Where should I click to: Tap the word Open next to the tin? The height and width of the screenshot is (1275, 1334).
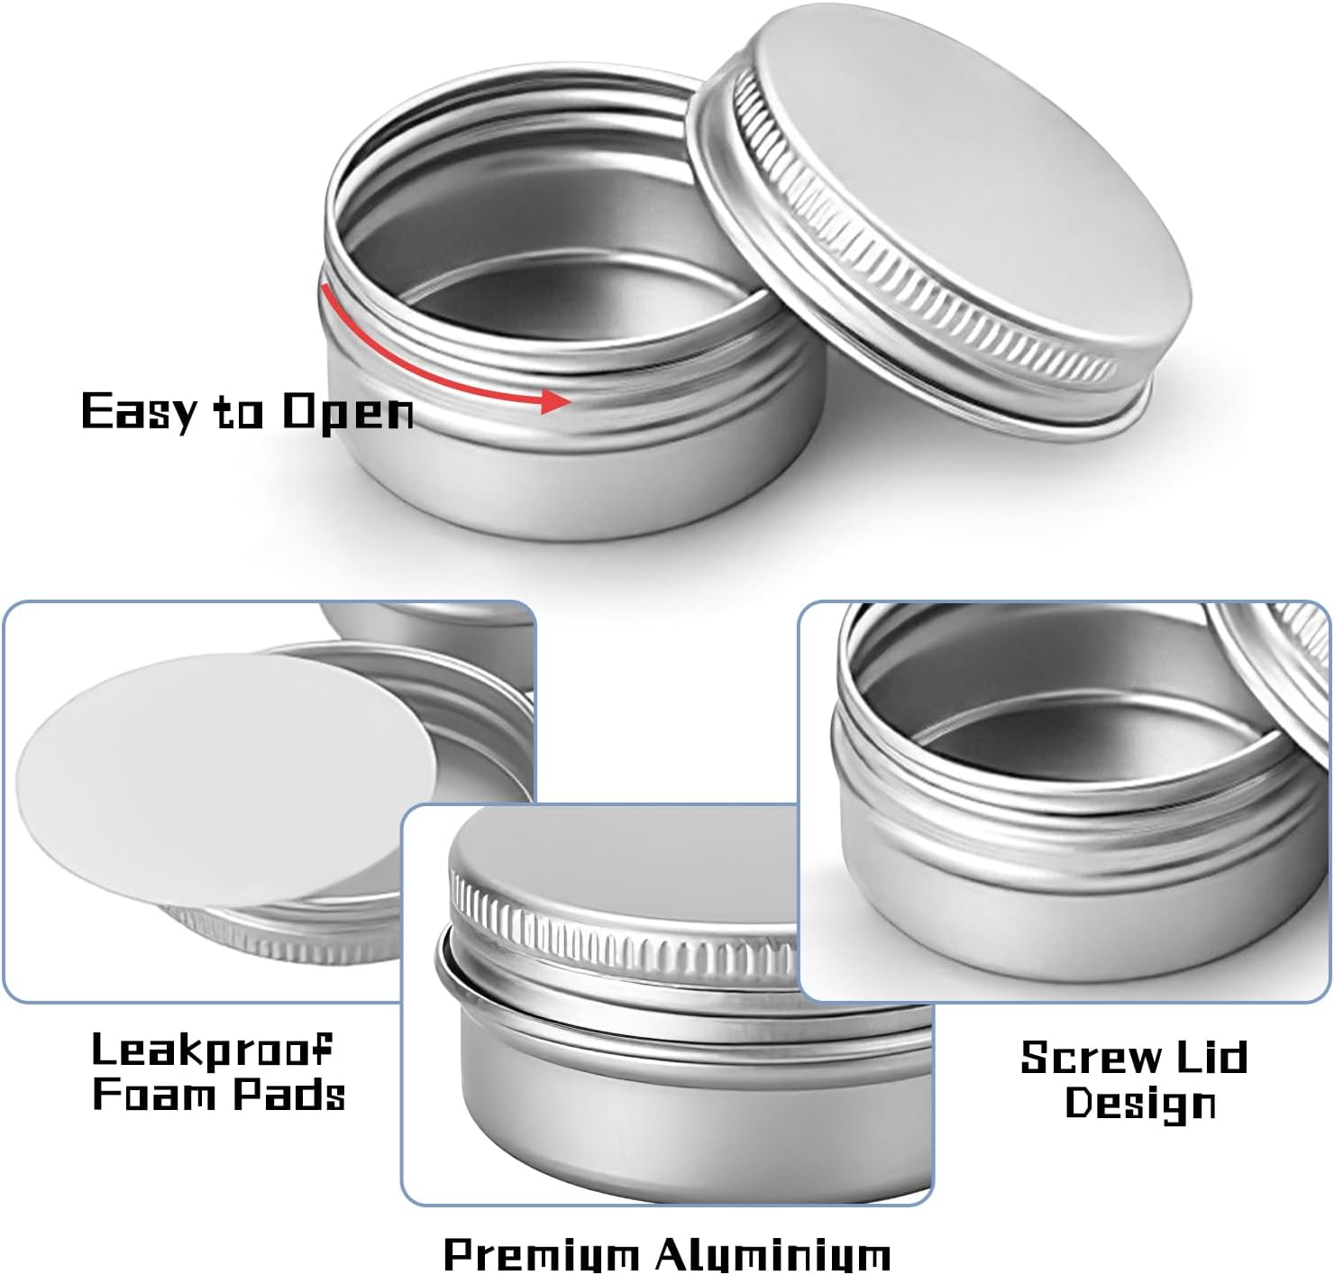(x=347, y=412)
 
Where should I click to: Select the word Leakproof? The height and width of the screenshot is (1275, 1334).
(x=213, y=1050)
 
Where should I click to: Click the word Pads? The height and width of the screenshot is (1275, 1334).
(x=289, y=1095)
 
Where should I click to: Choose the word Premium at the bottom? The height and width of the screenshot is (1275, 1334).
(x=540, y=1254)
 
